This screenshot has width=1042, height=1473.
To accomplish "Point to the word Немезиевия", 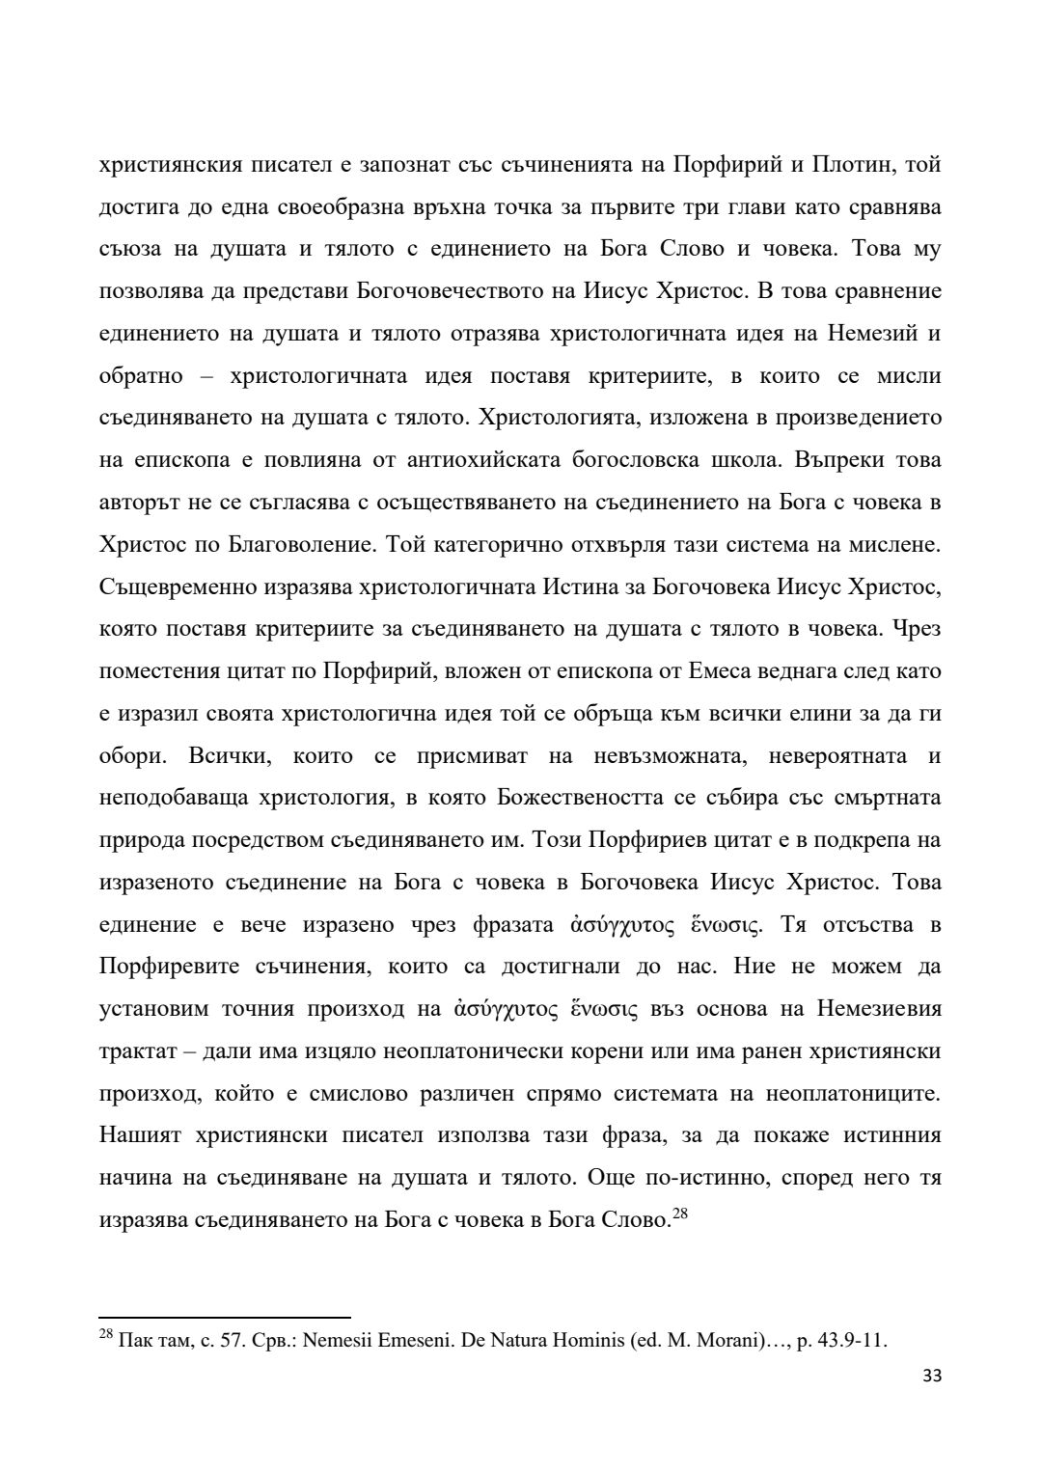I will coord(879,1009).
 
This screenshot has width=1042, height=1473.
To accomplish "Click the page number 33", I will coord(931,1377).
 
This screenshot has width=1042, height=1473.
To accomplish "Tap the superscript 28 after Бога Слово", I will coord(679,1214).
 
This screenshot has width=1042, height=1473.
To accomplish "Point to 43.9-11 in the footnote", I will coord(852,1341).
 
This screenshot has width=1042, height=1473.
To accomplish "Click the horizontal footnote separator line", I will coord(225,1316).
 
